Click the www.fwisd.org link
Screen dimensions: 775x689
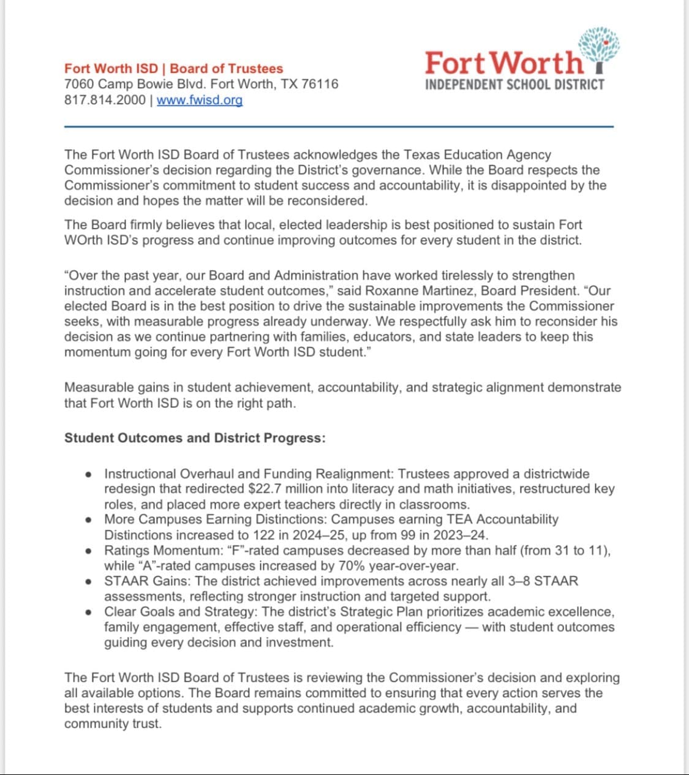pos(200,100)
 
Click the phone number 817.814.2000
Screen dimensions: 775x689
pos(105,100)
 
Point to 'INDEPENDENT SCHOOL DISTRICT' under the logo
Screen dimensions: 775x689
pos(514,85)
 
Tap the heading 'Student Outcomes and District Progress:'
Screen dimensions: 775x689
pos(195,438)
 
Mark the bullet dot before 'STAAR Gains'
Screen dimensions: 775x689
pos(89,581)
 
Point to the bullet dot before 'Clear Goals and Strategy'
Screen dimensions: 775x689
pos(89,612)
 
